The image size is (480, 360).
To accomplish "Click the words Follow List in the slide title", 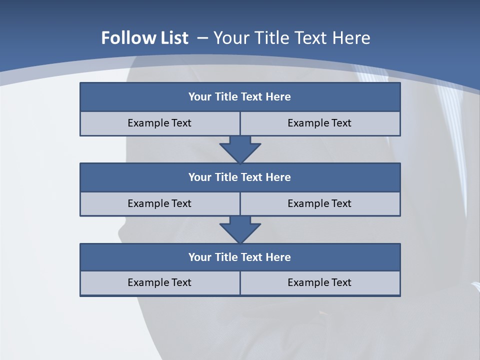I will (144, 38).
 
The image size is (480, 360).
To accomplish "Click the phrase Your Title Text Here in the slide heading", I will (291, 38).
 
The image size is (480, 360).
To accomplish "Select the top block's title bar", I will (240, 97).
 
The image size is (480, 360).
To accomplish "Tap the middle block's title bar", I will (240, 177).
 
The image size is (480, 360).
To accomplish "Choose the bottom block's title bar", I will (240, 257).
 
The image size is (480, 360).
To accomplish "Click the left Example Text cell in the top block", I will (159, 123).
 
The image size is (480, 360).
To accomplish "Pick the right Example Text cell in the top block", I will (320, 123).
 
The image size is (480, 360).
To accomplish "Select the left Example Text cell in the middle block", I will (159, 203).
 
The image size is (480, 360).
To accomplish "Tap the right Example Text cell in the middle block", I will (320, 203).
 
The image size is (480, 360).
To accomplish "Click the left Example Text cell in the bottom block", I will (159, 282).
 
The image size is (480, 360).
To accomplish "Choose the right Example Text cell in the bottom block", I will (320, 282).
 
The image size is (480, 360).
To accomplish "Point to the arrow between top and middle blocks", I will (240, 149).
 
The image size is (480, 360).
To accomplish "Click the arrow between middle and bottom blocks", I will (240, 229).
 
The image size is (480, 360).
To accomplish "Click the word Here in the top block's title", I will (278, 97).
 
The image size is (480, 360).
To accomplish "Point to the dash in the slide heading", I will (202, 38).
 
